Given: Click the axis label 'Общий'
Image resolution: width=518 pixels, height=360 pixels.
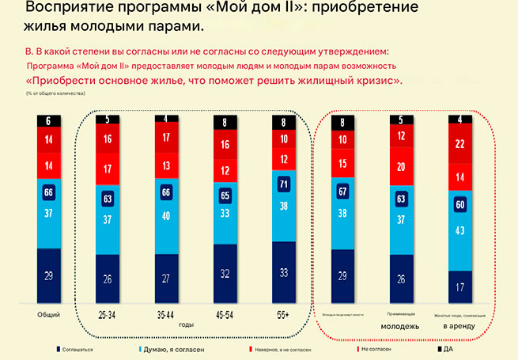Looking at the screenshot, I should pyautogui.click(x=49, y=315).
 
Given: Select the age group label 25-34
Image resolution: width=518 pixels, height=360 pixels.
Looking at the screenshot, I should pyautogui.click(x=106, y=315).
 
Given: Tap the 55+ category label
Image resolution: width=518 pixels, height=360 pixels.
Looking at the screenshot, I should pyautogui.click(x=284, y=315).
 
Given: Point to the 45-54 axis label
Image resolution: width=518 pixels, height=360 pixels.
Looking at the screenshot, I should pyautogui.click(x=225, y=315).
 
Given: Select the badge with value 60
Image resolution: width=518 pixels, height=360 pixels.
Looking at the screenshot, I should pyautogui.click(x=461, y=205).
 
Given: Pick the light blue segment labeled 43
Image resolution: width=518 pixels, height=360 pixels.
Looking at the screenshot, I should pyautogui.click(x=461, y=231).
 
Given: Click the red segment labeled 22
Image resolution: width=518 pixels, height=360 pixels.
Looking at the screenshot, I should pyautogui.click(x=461, y=145).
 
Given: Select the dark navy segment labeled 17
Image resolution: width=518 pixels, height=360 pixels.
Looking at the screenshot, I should pyautogui.click(x=461, y=286).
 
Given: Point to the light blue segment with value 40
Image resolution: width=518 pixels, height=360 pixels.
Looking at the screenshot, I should pyautogui.click(x=166, y=216).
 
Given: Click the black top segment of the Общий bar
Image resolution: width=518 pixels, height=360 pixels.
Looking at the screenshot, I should pyautogui.click(x=49, y=120).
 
